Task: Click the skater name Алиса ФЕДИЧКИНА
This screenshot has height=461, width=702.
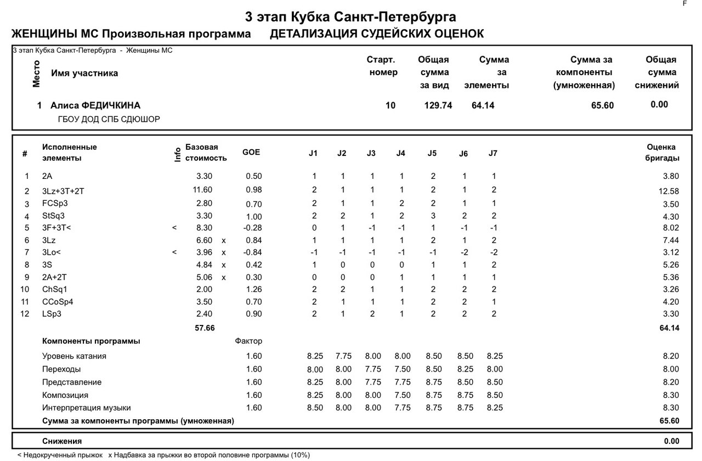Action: point(95,105)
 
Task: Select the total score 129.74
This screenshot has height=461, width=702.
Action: point(438,105)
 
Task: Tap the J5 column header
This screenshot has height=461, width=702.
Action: point(432,154)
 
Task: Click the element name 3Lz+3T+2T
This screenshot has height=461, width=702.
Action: point(63,191)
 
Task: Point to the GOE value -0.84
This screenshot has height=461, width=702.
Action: point(252,252)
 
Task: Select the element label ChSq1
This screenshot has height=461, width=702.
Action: point(55,289)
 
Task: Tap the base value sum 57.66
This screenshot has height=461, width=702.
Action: point(205,328)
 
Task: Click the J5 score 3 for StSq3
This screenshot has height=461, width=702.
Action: point(433,216)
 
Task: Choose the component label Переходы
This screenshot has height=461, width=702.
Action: point(61,369)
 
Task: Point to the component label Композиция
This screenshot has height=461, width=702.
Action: point(65,395)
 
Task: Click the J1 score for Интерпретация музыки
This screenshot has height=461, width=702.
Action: point(315,408)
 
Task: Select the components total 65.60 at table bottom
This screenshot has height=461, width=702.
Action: point(669,421)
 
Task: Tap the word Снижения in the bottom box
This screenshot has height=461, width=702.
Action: point(62,441)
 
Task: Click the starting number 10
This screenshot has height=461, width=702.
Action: point(390,105)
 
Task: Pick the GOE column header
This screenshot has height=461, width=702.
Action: point(251,152)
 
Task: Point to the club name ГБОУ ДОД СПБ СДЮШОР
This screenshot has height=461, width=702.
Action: point(109,119)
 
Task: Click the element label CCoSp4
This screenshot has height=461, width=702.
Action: point(58,302)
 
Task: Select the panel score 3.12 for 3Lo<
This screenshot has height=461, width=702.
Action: point(670,252)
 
